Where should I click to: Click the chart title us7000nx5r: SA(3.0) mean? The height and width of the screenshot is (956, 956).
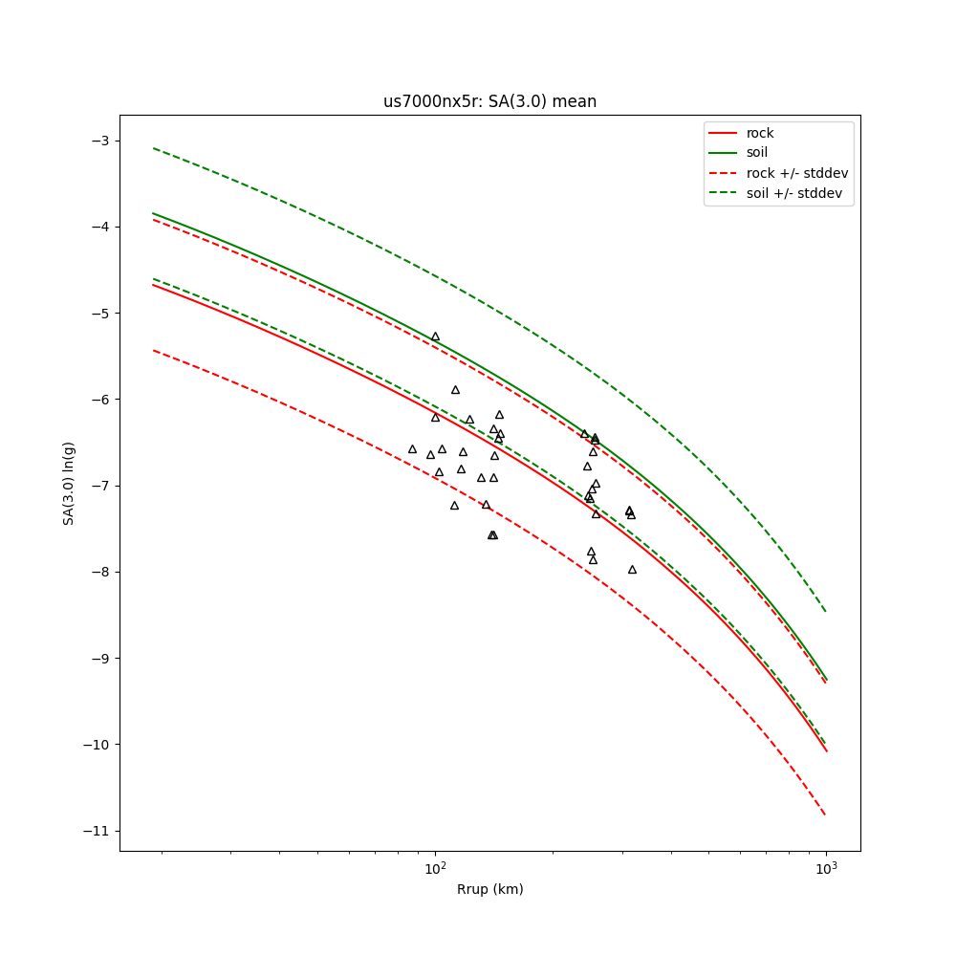click(489, 101)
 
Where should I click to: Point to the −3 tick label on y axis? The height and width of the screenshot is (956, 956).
click(99, 141)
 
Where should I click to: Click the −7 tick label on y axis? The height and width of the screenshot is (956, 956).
click(99, 486)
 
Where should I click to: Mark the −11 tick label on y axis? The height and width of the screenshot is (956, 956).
click(96, 831)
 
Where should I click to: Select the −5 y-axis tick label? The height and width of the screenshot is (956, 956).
click(99, 314)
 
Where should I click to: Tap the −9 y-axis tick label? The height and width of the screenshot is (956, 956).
click(99, 659)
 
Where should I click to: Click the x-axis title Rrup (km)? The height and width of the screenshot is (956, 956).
click(489, 889)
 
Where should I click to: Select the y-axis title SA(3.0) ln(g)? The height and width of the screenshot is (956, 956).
click(69, 483)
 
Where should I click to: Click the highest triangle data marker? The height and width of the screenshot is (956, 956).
click(435, 337)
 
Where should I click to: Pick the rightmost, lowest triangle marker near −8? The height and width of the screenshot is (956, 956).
click(632, 570)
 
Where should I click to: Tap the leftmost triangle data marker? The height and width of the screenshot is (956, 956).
click(412, 449)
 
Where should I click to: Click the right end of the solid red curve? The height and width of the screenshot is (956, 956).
click(826, 750)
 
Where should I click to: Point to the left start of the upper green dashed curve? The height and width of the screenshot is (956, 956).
click(154, 148)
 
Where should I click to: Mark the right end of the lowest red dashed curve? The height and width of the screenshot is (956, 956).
click(826, 815)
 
